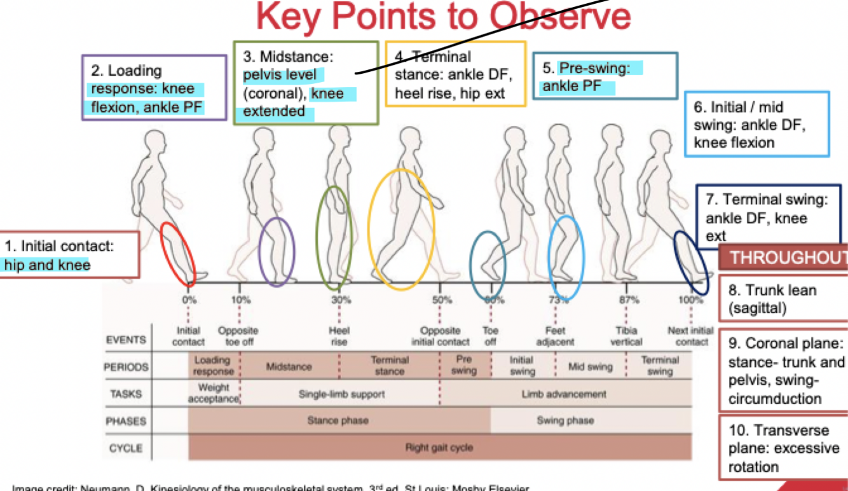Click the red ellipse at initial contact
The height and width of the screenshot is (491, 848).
(177, 253)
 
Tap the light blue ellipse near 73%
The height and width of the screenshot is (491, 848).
(565, 258)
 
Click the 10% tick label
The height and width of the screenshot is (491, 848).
(240, 300)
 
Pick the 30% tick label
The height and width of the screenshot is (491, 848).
(340, 300)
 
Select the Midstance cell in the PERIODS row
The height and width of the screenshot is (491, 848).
(289, 367)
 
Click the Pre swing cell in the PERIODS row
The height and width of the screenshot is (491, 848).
(464, 366)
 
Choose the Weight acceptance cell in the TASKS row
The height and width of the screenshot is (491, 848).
(214, 394)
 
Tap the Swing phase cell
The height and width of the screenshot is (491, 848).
(565, 420)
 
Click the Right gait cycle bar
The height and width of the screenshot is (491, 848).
(439, 448)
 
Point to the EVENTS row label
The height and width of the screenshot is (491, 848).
(127, 340)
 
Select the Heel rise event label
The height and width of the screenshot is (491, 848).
(339, 336)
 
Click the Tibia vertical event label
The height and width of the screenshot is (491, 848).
(626, 336)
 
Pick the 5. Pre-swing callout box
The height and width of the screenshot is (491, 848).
(605, 76)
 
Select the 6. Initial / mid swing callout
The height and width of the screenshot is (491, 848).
(756, 124)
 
